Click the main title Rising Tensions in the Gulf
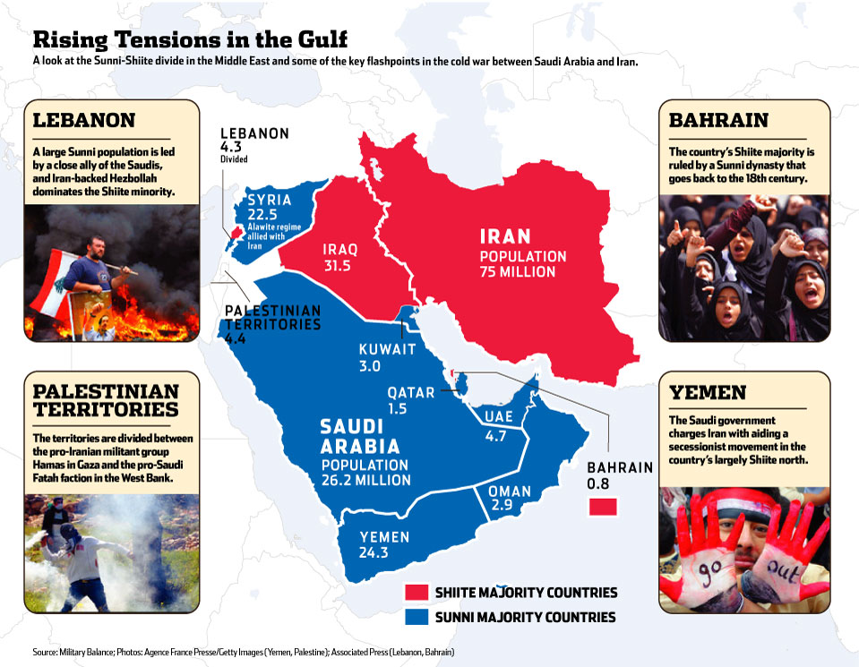click(190, 40)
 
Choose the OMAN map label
click(510, 492)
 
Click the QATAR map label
click(411, 392)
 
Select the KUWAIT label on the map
click(387, 349)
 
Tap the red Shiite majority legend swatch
click(415, 592)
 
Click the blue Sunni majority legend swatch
click(415, 617)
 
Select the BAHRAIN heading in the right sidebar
click(718, 120)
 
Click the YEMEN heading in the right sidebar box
click(708, 391)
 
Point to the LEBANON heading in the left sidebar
click(84, 119)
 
